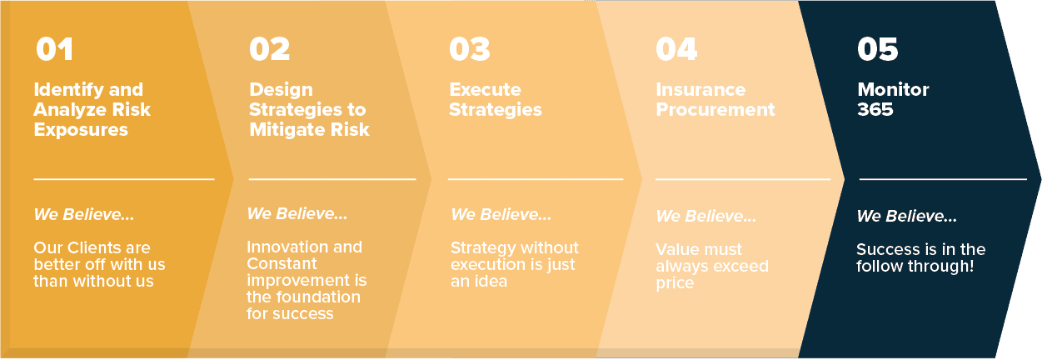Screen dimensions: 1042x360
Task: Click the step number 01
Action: (54, 49)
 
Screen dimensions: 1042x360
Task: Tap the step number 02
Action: (269, 49)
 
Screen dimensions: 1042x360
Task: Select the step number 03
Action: (470, 49)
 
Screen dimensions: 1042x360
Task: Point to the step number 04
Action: (676, 49)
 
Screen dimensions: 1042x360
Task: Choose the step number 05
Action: (877, 49)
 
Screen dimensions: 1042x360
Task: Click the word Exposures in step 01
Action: (81, 130)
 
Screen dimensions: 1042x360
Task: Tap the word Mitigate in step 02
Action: (287, 130)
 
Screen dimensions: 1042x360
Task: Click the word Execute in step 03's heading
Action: (485, 90)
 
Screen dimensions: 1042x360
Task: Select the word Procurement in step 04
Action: (715, 110)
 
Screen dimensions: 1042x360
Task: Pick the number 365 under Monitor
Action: (875, 110)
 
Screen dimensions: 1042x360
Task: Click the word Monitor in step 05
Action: (893, 90)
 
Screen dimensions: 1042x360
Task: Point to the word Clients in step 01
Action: (92, 247)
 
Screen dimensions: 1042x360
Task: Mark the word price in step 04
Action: (675, 283)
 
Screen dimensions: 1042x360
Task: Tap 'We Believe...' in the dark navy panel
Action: (906, 217)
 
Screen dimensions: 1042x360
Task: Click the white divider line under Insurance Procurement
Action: (743, 179)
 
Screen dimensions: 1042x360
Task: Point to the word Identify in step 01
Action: (62, 90)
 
